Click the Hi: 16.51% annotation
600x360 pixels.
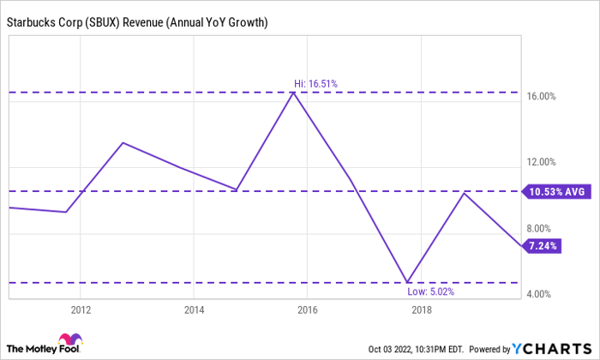coord(315,84)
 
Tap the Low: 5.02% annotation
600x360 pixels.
coord(429,291)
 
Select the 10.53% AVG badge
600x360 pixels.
coord(556,192)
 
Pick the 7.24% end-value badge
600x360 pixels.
coord(544,246)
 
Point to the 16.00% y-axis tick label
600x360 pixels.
coord(543,96)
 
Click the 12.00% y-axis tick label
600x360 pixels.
coord(543,162)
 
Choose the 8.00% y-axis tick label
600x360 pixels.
coord(543,228)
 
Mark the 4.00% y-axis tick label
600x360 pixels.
coord(543,294)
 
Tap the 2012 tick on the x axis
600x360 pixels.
coord(81,310)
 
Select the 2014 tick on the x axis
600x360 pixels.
coord(194,310)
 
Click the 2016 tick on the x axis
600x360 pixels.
coord(308,310)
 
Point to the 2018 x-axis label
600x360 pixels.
coord(421,310)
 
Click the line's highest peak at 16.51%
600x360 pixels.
coord(294,92)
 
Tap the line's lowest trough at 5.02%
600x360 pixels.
coord(408,281)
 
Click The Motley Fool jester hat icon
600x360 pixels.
coord(70,341)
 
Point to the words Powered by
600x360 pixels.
coord(485,349)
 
